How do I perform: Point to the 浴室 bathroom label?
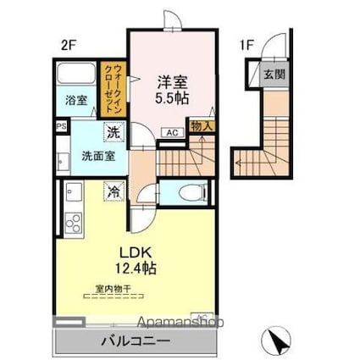[75, 101]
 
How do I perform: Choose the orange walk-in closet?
[110, 89]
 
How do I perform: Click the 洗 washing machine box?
[113, 132]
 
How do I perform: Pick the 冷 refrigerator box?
[113, 191]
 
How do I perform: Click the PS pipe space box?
[60, 127]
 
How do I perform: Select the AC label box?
[171, 133]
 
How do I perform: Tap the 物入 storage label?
[202, 125]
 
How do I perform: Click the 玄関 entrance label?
[274, 74]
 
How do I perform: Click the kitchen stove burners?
[72, 224]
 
